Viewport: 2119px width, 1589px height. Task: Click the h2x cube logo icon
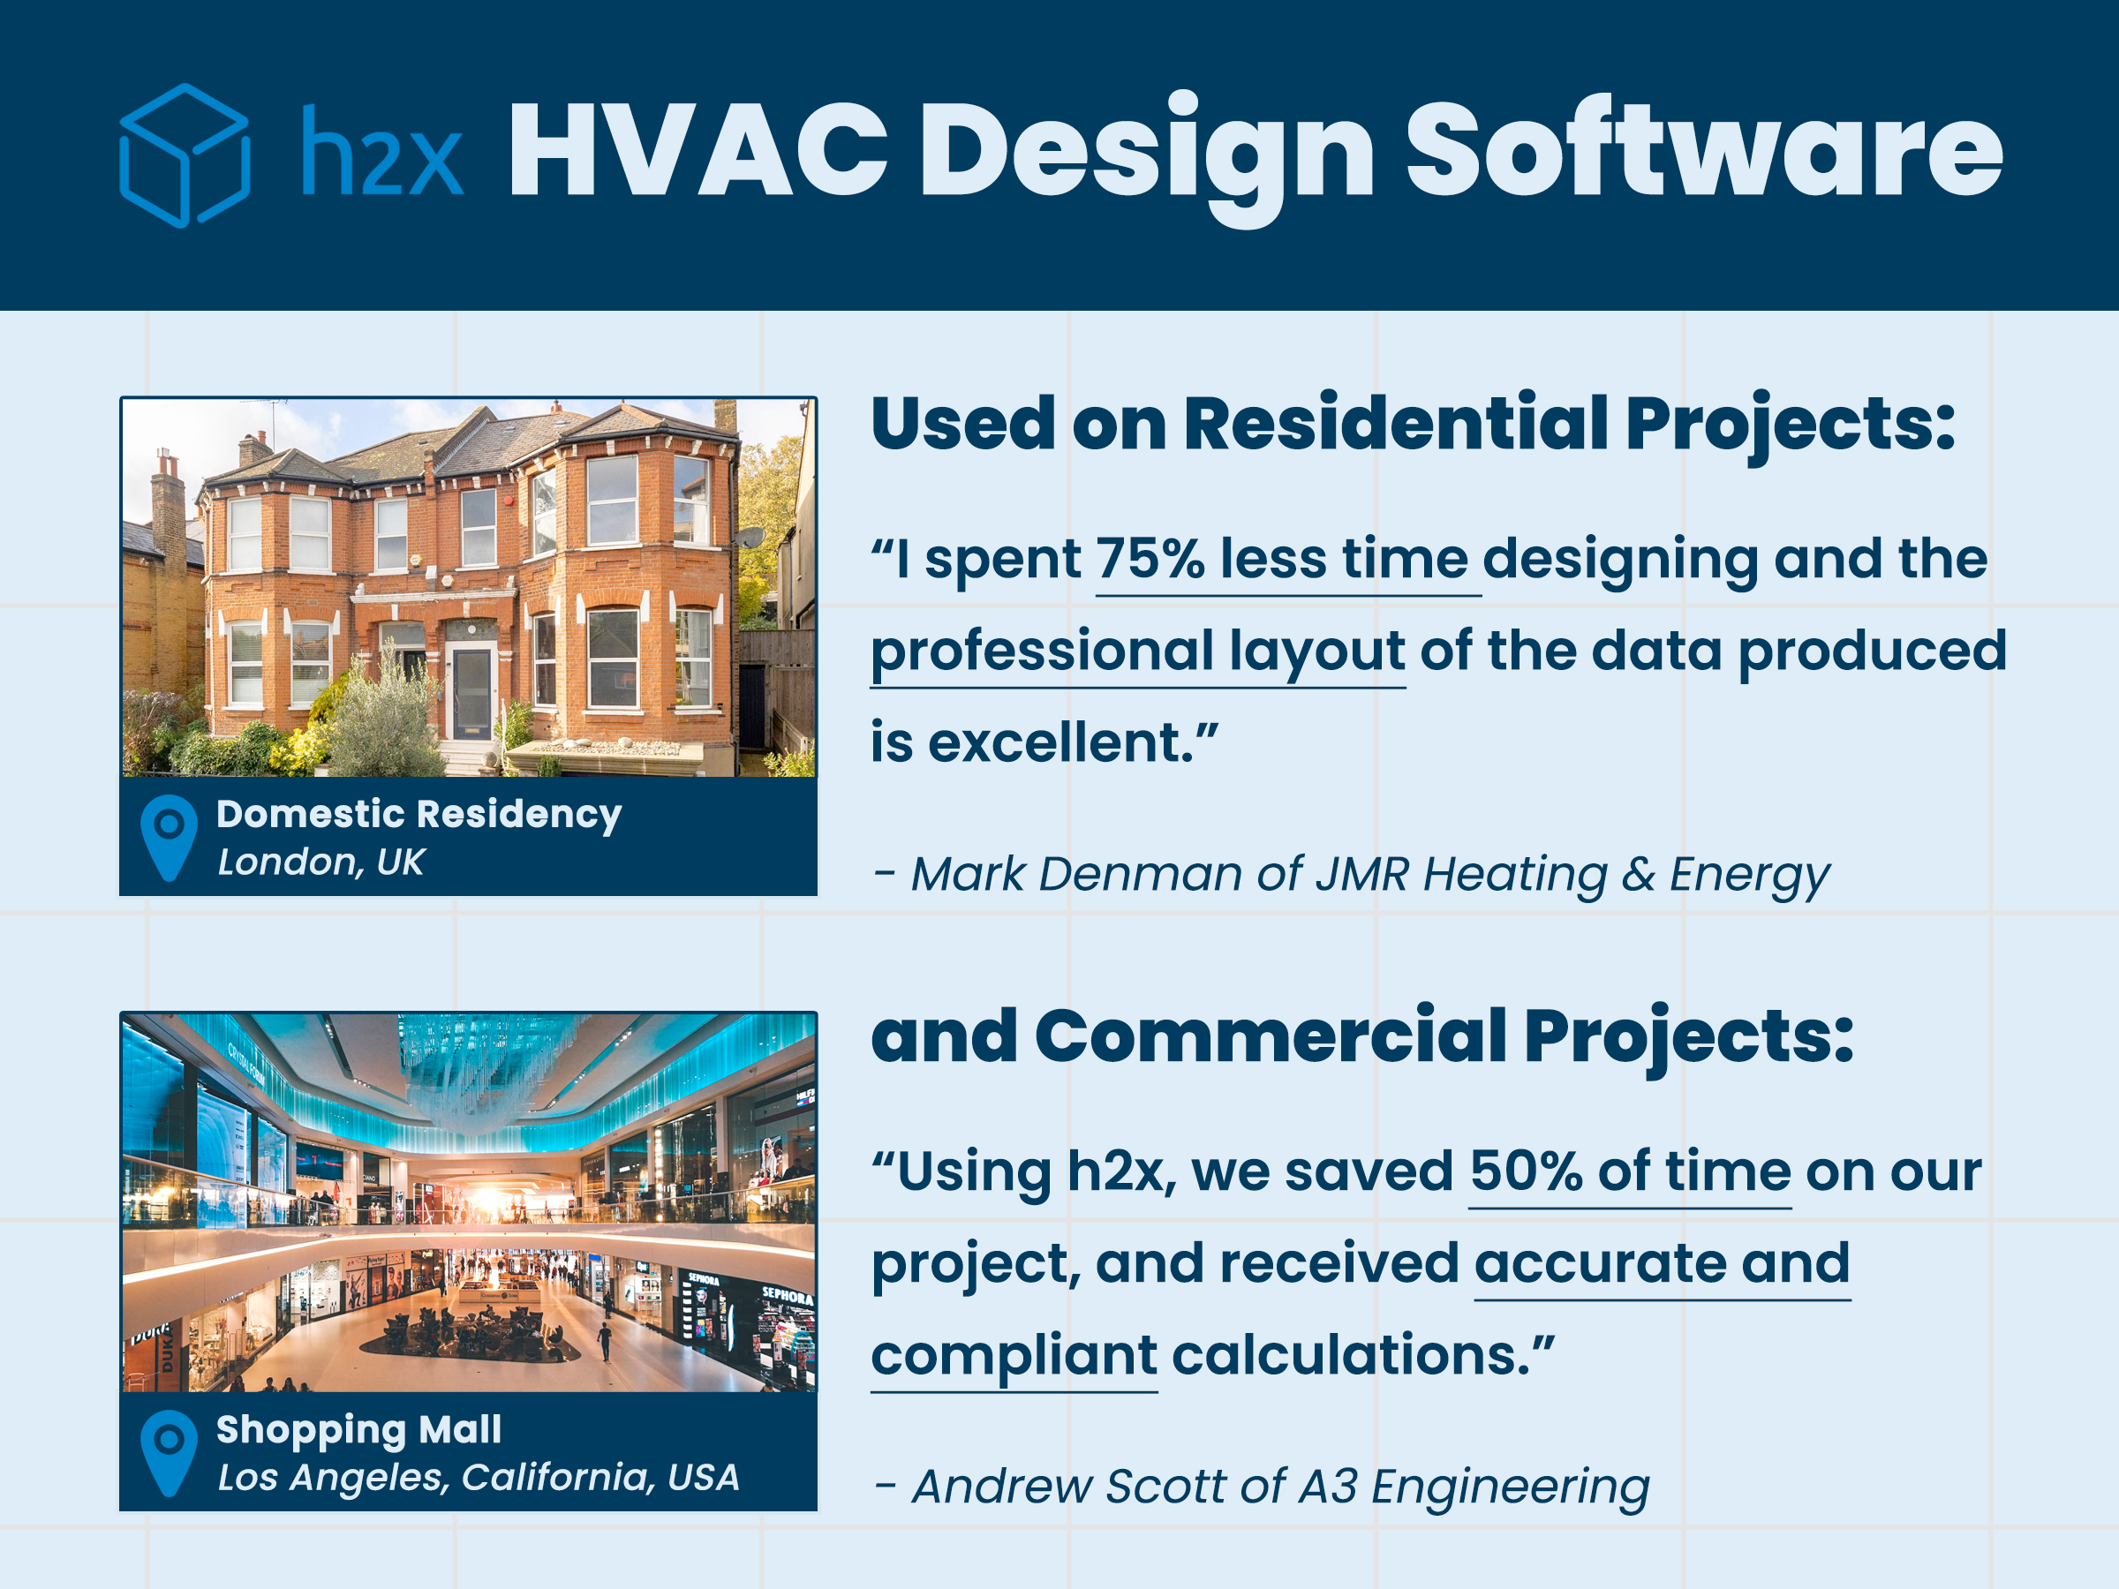(x=185, y=155)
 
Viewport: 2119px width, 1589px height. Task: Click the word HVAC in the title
(x=698, y=150)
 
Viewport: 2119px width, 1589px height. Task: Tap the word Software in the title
(x=1704, y=150)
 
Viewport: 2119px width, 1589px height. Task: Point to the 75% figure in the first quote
(x=1150, y=559)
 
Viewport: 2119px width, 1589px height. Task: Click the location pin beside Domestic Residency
(x=169, y=837)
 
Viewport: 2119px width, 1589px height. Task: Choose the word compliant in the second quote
(x=1014, y=1355)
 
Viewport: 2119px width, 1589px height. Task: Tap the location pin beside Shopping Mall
(x=169, y=1452)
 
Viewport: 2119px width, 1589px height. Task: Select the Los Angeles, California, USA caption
(x=478, y=1478)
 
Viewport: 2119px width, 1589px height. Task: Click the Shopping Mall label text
(x=358, y=1429)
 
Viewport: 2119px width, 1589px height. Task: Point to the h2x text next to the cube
(x=382, y=150)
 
